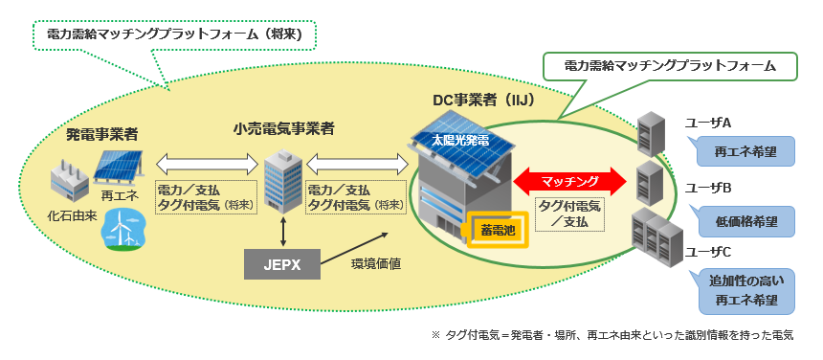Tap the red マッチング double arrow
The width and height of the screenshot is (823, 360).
pos(569,180)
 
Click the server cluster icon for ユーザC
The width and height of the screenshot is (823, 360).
pos(654,235)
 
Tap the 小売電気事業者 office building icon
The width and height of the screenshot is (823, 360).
pos(283,182)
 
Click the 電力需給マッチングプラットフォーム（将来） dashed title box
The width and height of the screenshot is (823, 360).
pos(174,34)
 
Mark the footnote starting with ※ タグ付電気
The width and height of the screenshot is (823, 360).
pos(612,336)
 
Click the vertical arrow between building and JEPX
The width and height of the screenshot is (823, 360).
pos(283,232)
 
